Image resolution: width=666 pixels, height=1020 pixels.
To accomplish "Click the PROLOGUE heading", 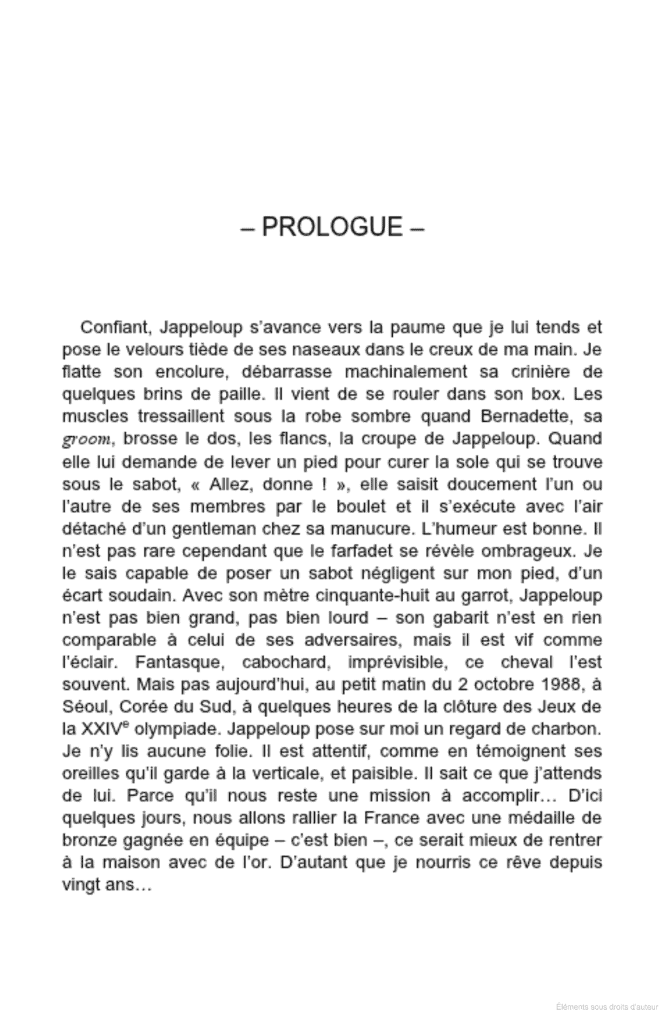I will [333, 226].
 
